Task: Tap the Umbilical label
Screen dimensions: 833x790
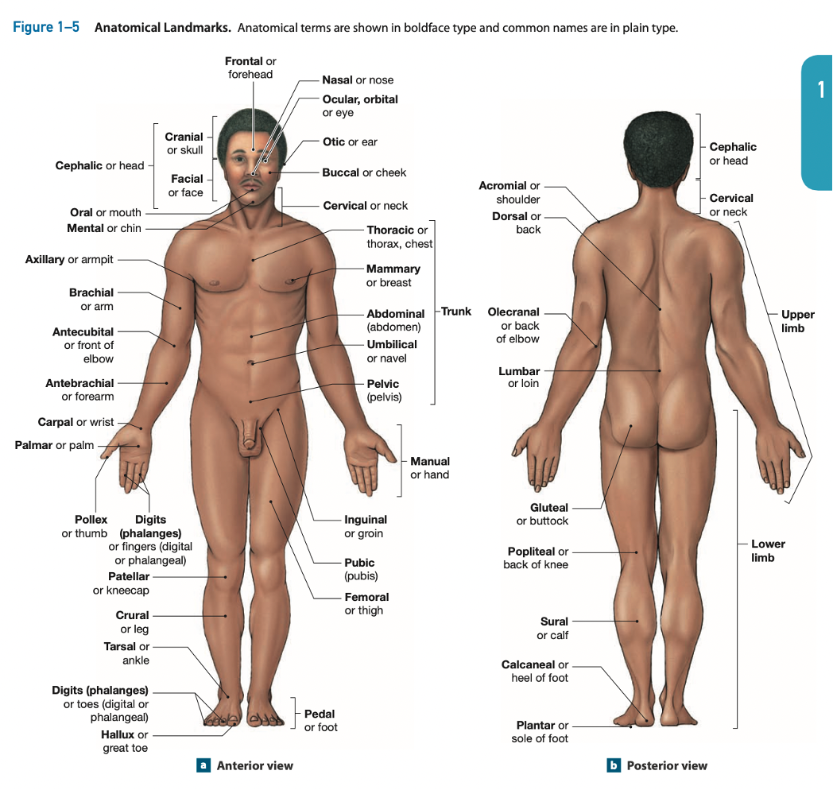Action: (391, 345)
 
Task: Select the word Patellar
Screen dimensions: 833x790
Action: (129, 576)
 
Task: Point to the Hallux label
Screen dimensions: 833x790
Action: (118, 734)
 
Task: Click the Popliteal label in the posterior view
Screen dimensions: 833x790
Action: (531, 552)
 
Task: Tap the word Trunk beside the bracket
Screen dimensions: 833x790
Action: (456, 312)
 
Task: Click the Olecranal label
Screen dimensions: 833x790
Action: (513, 312)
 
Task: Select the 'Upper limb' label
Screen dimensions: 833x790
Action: (797, 321)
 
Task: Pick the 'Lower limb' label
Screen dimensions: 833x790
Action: (768, 551)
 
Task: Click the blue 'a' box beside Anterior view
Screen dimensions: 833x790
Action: (203, 765)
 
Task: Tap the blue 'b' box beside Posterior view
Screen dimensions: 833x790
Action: (613, 765)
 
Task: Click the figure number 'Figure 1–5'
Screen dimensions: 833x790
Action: (46, 28)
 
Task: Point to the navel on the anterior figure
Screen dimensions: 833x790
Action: (251, 363)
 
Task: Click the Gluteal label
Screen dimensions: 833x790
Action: (549, 508)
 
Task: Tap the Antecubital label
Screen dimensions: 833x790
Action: (83, 332)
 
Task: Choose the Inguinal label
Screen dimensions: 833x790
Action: (366, 520)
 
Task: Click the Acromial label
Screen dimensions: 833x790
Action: (502, 186)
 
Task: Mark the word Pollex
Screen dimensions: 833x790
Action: (91, 520)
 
